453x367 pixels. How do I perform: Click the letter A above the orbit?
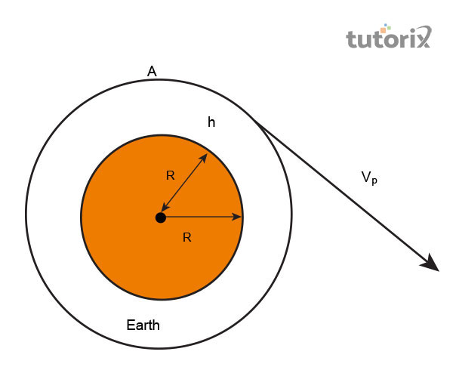pos(152,71)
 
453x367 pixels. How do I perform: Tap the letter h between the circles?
pos(211,122)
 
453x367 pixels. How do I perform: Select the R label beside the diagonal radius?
pos(171,175)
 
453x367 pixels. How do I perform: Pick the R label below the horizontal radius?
pos(187,237)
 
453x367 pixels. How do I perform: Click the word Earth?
pos(143,325)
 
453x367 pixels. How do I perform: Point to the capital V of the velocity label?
pos(366,177)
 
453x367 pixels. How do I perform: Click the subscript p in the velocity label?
pos(374,181)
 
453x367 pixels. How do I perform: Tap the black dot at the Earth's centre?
pos(161,217)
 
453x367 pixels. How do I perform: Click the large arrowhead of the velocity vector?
pos(430,264)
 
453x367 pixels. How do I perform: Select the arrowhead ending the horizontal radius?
pos(237,217)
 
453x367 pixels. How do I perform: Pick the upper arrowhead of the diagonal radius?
pos(203,158)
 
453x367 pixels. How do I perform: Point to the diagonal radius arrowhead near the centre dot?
pos(165,207)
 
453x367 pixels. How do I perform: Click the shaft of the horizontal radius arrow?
pos(202,217)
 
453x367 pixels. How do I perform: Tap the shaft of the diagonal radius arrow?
pos(184,183)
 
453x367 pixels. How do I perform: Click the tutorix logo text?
pos(388,37)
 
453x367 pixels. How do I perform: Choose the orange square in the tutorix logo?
pos(384,30)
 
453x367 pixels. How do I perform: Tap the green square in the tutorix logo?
pos(389,28)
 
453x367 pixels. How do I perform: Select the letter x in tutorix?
pos(422,37)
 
